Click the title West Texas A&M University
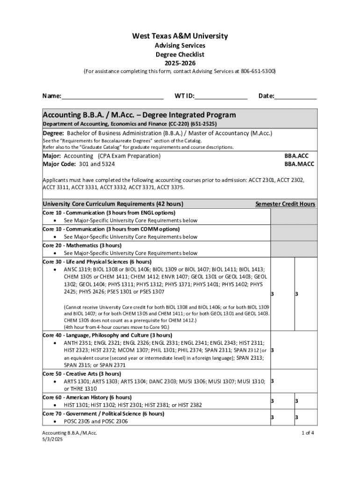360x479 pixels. pos(180,36)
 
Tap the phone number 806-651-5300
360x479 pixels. pos(258,71)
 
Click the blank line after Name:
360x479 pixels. pos(112,96)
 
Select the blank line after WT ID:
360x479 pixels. pos(221,96)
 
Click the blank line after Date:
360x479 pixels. pos(295,96)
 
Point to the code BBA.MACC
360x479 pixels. pos(299,164)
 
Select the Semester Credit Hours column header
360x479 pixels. pos(285,204)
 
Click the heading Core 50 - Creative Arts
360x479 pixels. pos(82,374)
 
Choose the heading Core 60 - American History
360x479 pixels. pos(87,397)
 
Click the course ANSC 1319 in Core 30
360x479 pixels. pos(77,269)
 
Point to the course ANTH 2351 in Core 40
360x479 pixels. pos(78,343)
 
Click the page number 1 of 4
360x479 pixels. pos(308,433)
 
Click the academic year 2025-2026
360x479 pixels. pos(180,63)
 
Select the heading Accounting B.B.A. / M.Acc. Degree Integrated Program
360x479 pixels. pos(139,115)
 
